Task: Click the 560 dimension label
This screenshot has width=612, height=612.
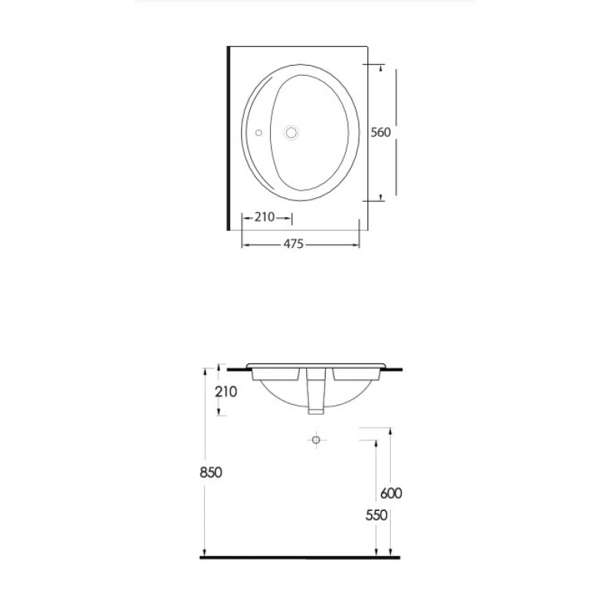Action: coord(380,132)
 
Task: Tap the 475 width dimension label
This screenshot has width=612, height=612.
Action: coord(293,244)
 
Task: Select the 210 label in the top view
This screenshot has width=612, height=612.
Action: coord(265,217)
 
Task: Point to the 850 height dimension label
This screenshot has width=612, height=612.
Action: coord(211,473)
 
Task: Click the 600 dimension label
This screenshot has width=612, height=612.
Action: coord(391,493)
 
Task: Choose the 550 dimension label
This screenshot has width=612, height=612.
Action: coord(376,516)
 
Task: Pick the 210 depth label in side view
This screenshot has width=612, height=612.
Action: coord(226,392)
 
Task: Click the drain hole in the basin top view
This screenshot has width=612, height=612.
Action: coord(291,132)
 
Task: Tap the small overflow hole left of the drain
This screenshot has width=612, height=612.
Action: coord(259,133)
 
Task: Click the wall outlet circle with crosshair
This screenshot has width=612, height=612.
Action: coord(316,441)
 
